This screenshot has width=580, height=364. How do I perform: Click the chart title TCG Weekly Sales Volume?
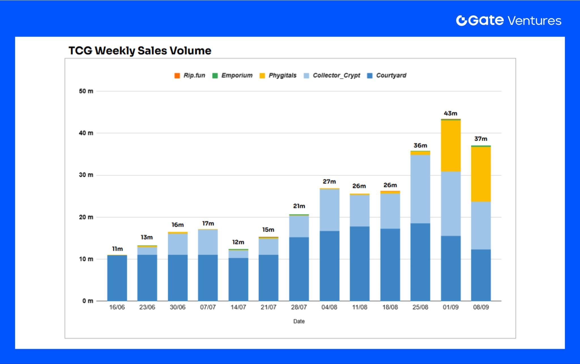tap(140, 51)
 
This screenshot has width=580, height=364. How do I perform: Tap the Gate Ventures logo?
tap(508, 21)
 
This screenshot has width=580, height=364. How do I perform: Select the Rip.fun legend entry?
tap(190, 76)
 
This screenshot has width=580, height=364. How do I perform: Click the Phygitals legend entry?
tap(278, 76)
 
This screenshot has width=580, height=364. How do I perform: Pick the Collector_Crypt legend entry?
tap(332, 76)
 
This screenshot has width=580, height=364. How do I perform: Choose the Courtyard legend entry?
tap(387, 76)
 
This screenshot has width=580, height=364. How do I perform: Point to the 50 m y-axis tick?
tap(86, 91)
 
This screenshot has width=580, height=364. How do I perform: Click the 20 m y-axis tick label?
tap(86, 217)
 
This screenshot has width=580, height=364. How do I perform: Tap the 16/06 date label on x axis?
tap(117, 307)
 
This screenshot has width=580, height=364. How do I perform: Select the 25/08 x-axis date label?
tap(420, 307)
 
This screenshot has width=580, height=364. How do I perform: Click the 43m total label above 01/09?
tap(450, 113)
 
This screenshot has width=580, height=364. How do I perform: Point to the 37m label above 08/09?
tap(481, 139)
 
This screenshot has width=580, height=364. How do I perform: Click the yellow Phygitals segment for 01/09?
tap(451, 146)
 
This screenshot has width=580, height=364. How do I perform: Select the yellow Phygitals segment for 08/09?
tap(481, 174)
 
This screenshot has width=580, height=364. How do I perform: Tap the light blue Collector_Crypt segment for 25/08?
tap(420, 189)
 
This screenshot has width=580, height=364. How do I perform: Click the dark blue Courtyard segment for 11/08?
tap(359, 263)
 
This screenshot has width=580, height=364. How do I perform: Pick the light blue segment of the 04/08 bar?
tap(329, 210)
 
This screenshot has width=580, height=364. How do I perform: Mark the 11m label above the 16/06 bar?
tap(117, 249)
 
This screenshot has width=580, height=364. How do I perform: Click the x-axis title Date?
tap(299, 322)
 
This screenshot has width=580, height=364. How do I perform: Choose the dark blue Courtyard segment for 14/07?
tap(238, 279)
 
